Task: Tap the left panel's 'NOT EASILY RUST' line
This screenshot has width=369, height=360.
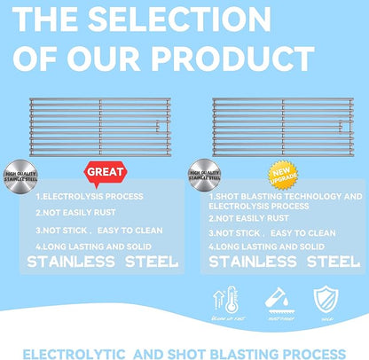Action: click(x=77, y=213)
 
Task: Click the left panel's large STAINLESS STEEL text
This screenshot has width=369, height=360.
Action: click(x=102, y=262)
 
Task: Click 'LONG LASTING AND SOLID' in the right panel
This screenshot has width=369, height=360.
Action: click(x=270, y=246)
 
